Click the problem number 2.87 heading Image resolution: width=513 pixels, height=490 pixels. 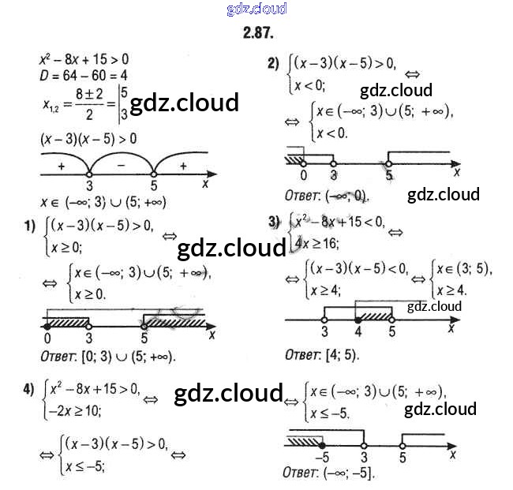click(x=256, y=33)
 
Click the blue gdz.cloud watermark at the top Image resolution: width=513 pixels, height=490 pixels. click(x=256, y=9)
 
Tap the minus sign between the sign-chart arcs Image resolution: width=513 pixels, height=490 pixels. click(x=122, y=165)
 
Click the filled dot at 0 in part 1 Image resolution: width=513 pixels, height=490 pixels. click(x=47, y=325)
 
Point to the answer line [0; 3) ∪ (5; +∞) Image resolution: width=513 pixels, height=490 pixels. click(x=107, y=356)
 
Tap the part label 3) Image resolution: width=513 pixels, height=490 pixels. click(x=274, y=223)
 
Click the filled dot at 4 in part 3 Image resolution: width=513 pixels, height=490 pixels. click(x=358, y=320)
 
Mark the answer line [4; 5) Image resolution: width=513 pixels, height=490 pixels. click(x=321, y=354)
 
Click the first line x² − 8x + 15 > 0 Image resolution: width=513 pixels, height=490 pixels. click(x=84, y=58)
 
